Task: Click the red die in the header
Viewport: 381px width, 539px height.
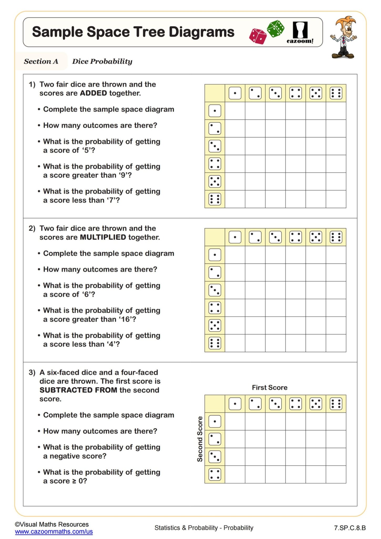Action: click(x=258, y=36)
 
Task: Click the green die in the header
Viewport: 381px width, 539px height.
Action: click(x=276, y=28)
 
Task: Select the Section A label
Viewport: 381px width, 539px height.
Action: click(x=41, y=61)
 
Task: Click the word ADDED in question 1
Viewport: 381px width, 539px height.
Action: click(x=93, y=93)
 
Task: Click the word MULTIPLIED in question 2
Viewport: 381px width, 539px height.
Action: click(x=103, y=237)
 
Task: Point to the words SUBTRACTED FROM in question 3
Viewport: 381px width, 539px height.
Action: click(x=78, y=390)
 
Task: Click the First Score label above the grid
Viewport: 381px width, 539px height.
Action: click(x=270, y=387)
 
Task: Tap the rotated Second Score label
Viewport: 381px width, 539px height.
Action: click(x=200, y=439)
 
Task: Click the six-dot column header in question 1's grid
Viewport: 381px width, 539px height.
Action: click(x=336, y=93)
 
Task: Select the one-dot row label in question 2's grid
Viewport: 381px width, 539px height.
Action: click(x=215, y=255)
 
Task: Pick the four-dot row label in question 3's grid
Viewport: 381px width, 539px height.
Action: click(x=215, y=474)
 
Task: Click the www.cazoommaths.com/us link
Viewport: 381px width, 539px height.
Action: click(x=54, y=531)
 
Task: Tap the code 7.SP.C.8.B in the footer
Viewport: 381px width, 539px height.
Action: click(x=350, y=528)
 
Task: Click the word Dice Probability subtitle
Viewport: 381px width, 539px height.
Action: click(x=102, y=61)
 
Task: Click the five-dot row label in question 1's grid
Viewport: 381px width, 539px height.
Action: click(x=215, y=182)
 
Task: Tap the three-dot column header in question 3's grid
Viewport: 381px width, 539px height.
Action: click(x=275, y=404)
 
